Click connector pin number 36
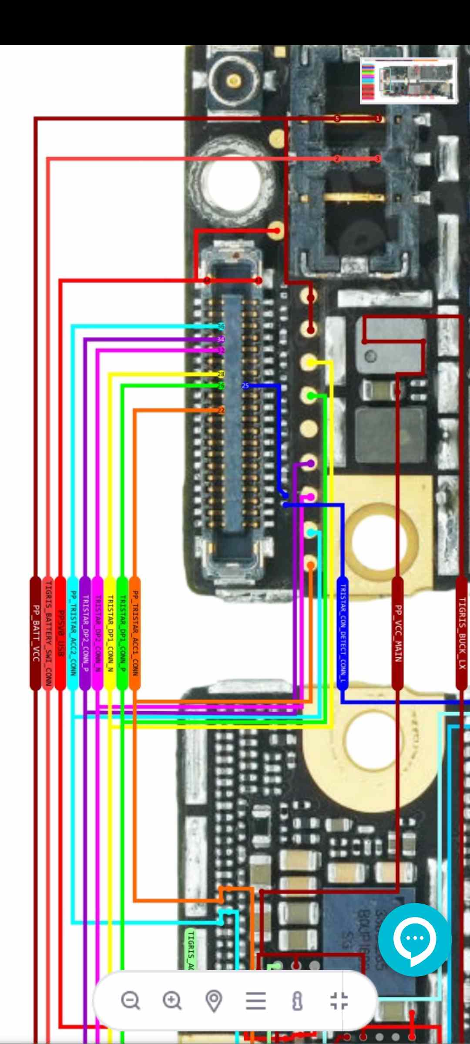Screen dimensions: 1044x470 [x=221, y=327]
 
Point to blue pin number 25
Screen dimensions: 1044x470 [x=245, y=385]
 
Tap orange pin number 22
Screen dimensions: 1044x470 [x=221, y=410]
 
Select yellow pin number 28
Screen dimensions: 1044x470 [x=221, y=374]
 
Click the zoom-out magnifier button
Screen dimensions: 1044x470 [x=131, y=1000]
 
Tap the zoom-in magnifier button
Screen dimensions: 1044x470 [x=172, y=1000]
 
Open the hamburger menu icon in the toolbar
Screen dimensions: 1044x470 [x=256, y=1000]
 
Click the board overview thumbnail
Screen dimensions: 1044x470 [x=409, y=80]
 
